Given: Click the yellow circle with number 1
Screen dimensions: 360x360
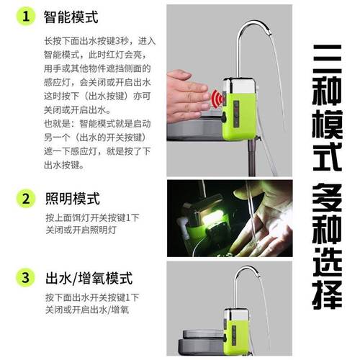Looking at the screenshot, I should pyautogui.click(x=26, y=15).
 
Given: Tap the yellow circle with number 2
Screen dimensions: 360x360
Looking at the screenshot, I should pyautogui.click(x=26, y=197).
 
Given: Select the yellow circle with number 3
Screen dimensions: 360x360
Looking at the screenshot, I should pyautogui.click(x=26, y=277).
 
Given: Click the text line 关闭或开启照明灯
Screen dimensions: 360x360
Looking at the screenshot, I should pyautogui.click(x=80, y=230).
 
